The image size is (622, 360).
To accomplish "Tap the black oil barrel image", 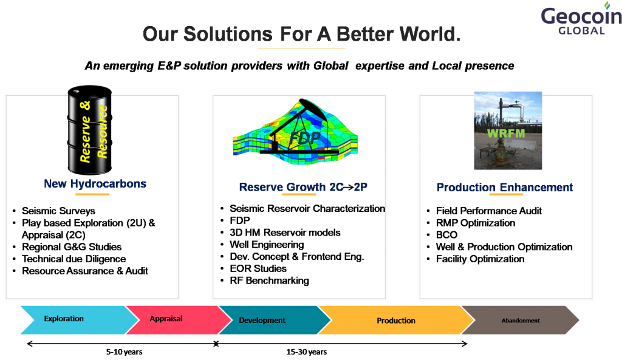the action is point(90,130).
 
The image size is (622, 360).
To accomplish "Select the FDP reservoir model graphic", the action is point(295,132).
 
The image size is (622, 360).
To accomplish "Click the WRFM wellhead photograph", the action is point(508,131).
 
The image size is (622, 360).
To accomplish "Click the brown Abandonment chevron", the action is point(521,319).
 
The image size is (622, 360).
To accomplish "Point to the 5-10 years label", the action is point(124,352).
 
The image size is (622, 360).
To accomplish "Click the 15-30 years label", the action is point(307,352).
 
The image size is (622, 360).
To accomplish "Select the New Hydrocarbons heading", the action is point(95,183).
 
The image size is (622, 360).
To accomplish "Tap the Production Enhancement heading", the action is point(505,187).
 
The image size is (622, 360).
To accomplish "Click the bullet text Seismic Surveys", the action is point(58,211).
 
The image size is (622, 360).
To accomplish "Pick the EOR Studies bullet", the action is point(258,268).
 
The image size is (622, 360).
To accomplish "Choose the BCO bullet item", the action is point(446,235).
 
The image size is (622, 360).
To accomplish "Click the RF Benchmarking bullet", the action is point(269,280).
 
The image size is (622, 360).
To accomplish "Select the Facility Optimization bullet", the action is point(480,259).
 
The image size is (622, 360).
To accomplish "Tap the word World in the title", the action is point(430,34).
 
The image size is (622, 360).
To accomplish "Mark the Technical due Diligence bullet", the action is point(73,259).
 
